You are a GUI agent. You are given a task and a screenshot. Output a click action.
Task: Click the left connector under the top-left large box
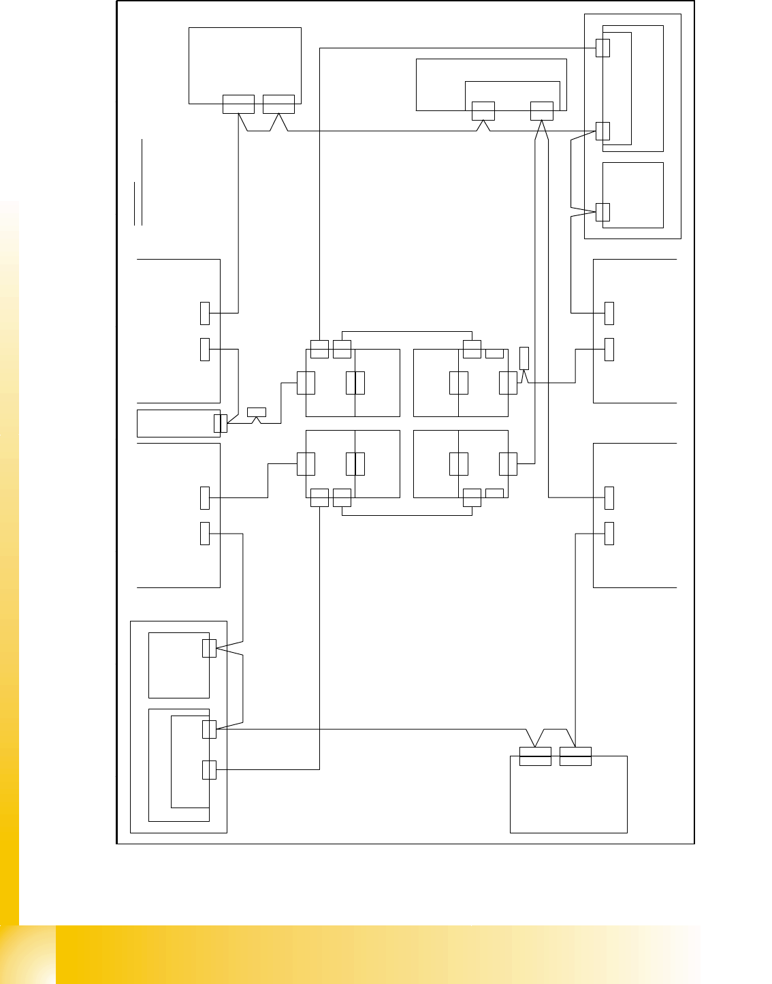[x=238, y=104]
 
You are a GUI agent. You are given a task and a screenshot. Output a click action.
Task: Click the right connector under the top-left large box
[x=278, y=104]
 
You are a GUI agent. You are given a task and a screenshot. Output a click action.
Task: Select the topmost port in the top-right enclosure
[x=602, y=48]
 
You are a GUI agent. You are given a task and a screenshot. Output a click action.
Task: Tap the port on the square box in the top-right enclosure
[x=602, y=211]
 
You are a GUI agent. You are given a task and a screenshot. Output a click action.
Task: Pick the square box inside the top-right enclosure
[x=633, y=195]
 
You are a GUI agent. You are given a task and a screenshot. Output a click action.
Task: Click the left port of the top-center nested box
[x=483, y=110]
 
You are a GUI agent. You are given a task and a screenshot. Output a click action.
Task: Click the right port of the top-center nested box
[x=542, y=110]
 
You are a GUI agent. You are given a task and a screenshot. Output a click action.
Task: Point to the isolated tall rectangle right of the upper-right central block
[x=524, y=358]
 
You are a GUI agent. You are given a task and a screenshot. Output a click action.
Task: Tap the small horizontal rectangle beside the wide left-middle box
[x=257, y=412]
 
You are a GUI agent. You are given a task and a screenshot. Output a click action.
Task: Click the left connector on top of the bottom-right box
[x=535, y=756]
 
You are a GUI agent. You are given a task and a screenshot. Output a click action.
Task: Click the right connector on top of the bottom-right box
[x=575, y=756]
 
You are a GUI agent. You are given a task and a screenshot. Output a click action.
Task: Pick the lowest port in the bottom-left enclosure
[x=210, y=770]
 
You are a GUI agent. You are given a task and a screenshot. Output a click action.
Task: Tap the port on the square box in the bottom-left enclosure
[x=210, y=648]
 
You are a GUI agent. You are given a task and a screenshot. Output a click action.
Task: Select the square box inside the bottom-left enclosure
[x=178, y=665]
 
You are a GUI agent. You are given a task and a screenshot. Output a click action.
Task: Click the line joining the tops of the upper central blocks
[x=407, y=332]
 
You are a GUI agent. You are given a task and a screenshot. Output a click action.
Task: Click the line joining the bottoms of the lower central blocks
[x=407, y=515]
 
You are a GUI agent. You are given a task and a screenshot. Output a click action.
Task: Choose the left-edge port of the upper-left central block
[x=306, y=383]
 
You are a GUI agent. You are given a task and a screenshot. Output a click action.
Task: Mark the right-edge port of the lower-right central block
[x=508, y=463]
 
